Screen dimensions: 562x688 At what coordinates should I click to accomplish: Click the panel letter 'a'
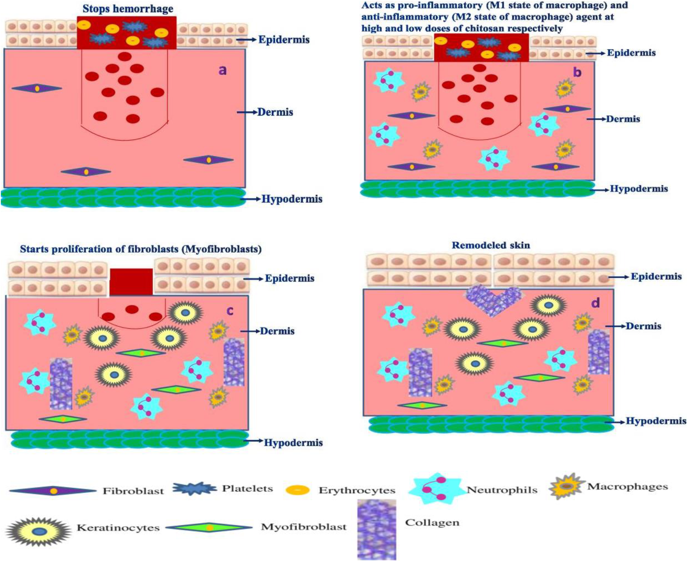[x=222, y=70]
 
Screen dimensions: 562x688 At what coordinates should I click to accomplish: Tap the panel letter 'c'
[x=230, y=311]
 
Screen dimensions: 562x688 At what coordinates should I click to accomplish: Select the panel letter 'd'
[x=595, y=303]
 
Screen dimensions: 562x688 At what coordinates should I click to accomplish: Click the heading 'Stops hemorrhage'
[x=128, y=9]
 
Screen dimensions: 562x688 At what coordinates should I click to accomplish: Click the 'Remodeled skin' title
[x=491, y=245]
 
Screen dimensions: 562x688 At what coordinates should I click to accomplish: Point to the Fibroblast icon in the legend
[x=53, y=491]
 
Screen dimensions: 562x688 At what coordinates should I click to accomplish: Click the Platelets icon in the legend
[x=194, y=489]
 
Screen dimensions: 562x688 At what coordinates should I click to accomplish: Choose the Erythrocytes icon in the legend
[x=297, y=490]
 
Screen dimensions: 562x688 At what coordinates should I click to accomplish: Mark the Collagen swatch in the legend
[x=376, y=530]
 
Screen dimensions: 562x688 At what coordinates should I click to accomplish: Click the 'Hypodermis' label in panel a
[x=292, y=199]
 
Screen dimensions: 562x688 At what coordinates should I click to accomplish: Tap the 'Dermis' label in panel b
[x=623, y=119]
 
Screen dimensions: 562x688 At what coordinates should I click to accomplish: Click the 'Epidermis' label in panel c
[x=289, y=279]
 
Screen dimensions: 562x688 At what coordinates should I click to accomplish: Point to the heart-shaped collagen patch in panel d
[x=493, y=300]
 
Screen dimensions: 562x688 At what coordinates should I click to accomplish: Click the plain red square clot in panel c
[x=131, y=282]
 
